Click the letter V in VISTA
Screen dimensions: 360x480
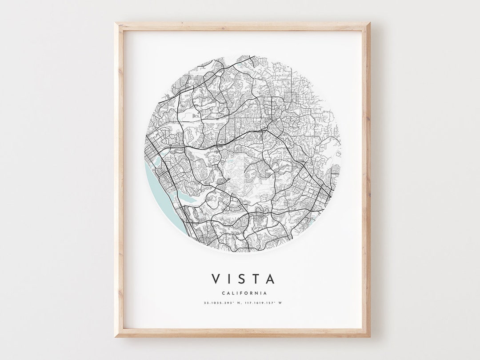pyautogui.click(x=216, y=279)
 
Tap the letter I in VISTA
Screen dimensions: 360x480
pyautogui.click(x=229, y=279)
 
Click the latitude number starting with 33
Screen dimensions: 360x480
pyautogui.click(x=217, y=303)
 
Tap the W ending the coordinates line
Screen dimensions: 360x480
pyautogui.click(x=280, y=303)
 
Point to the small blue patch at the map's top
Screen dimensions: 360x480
pyautogui.click(x=240, y=66)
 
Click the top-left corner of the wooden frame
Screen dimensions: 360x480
pyautogui.click(x=116, y=24)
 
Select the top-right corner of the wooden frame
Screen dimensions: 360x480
pyautogui.click(x=369, y=24)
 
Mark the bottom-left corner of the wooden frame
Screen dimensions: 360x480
pyautogui.click(x=116, y=336)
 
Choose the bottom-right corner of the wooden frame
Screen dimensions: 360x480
pyautogui.click(x=369, y=336)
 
